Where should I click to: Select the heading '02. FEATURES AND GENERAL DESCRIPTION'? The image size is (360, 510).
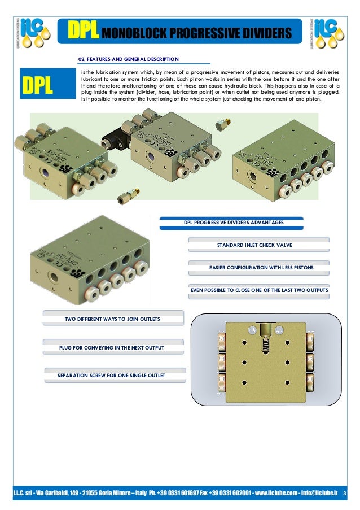click(128, 59)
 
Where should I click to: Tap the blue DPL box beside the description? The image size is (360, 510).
click(37, 85)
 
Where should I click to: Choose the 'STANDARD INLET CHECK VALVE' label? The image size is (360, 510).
click(259, 246)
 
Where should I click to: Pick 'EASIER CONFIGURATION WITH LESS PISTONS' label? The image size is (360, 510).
click(258, 267)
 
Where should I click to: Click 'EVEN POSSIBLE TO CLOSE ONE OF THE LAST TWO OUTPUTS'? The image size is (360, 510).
click(259, 290)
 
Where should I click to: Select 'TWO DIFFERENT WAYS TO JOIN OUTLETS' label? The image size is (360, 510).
click(113, 319)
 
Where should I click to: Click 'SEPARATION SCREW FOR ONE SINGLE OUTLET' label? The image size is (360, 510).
click(113, 375)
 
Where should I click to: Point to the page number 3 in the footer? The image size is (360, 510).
click(345, 493)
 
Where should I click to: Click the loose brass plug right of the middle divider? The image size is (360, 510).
click(223, 123)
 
